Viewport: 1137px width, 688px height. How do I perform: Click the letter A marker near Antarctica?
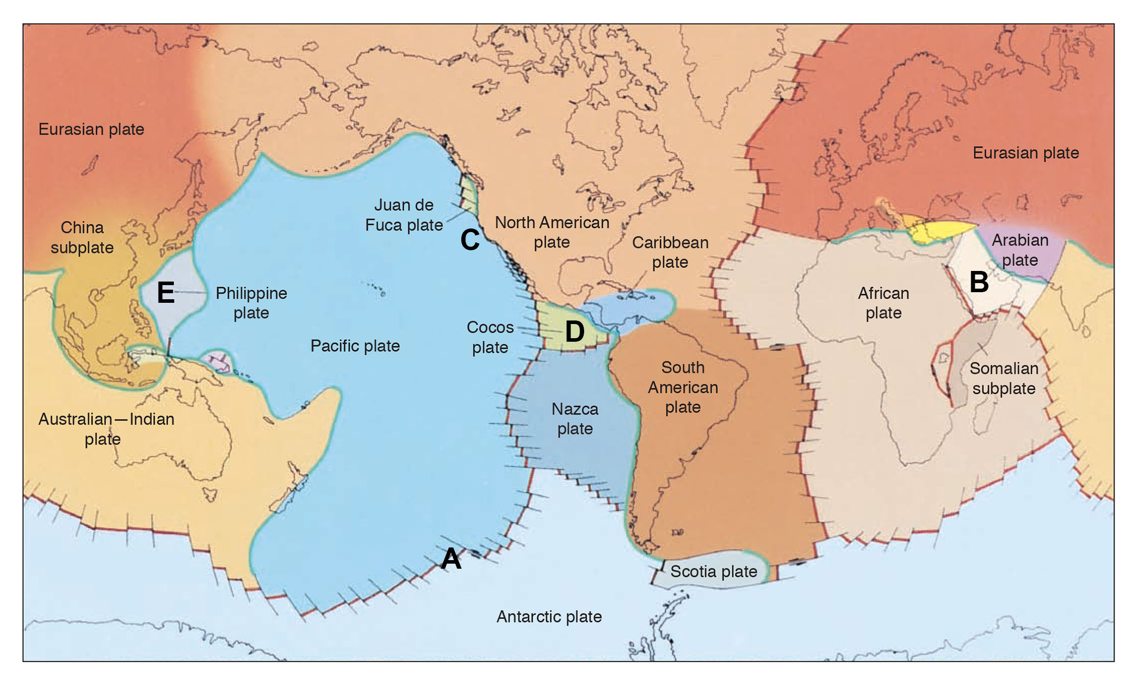pos(451,559)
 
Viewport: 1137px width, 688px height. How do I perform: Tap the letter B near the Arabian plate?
pos(979,282)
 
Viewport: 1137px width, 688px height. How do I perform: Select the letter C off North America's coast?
pos(470,240)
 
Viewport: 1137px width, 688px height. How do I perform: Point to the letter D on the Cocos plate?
pos(575,332)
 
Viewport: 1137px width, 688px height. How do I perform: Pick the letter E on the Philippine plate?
pos(166,292)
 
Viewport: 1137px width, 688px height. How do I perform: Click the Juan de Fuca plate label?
pos(404,215)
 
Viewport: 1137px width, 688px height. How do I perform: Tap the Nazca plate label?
pos(575,419)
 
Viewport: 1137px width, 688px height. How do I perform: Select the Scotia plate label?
pos(714,572)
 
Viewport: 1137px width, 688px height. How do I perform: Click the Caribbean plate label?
pos(670,252)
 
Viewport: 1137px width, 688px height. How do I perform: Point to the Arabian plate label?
pos(1020,250)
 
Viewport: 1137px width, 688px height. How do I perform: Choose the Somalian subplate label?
pos(1004,378)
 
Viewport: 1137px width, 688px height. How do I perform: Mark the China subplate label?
pos(82,238)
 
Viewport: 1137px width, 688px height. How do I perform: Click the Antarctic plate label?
pos(549,617)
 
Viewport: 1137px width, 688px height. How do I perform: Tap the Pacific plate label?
pos(355,346)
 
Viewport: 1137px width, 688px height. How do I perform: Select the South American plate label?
pos(683,387)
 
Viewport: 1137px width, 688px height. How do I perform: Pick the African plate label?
pos(883,303)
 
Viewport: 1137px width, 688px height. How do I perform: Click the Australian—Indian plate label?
pos(106,429)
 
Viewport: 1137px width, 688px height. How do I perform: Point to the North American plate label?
pos(552,232)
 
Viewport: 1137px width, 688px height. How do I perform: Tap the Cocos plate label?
pos(490,337)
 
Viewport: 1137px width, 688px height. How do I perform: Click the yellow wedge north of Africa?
pos(940,230)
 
